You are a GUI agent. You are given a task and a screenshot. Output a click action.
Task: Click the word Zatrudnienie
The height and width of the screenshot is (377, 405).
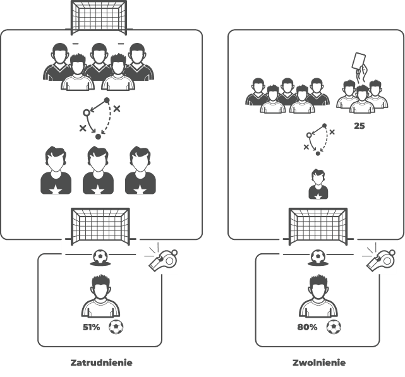point(101,363)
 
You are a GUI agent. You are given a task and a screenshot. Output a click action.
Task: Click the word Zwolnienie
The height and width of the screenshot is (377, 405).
point(319,363)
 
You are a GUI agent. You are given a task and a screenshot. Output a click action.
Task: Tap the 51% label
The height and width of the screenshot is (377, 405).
point(91,327)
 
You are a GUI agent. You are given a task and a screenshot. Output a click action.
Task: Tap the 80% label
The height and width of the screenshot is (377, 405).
point(307,327)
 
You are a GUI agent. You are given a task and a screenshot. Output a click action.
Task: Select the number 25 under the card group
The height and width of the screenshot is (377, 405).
point(360,126)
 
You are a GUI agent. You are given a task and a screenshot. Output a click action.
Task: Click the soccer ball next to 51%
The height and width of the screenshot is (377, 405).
point(116,327)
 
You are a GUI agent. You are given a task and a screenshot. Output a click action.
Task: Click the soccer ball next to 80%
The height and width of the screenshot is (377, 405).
point(334,327)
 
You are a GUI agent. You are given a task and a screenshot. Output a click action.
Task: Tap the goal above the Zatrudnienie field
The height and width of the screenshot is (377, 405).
point(99,18)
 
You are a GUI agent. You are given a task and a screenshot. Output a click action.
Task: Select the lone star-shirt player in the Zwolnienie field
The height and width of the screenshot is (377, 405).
point(318,184)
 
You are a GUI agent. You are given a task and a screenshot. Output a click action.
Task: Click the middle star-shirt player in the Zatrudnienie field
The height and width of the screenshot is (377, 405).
point(98,171)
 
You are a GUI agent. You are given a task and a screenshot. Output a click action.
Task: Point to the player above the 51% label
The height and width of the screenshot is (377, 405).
point(100,296)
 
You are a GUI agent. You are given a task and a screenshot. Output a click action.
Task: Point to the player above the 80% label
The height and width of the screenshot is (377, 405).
point(318,296)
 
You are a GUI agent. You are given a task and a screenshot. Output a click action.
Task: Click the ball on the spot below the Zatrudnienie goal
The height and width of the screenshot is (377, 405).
point(100,256)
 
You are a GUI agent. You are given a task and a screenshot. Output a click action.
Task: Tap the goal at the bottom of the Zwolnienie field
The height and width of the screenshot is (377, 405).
point(318,227)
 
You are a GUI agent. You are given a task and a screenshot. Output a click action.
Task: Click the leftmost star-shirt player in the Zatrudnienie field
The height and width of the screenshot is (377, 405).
point(56,171)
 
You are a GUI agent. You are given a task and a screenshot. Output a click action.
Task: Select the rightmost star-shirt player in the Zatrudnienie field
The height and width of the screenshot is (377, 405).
point(140,171)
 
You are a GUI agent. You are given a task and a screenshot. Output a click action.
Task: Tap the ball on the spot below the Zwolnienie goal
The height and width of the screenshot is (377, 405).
point(318,256)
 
